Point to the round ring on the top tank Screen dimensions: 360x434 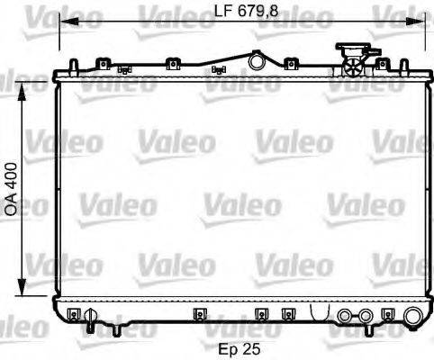point(257,62)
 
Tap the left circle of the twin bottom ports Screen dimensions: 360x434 point(345,317)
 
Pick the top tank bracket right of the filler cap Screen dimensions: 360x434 point(382,63)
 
